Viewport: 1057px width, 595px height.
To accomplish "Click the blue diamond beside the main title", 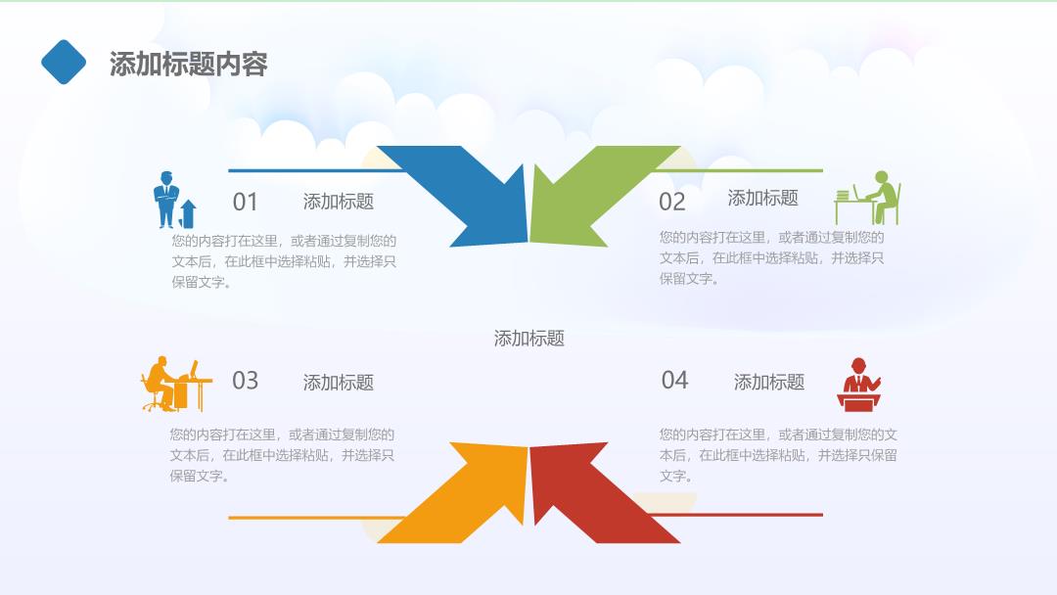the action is [64, 62].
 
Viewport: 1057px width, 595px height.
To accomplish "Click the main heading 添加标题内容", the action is [189, 64].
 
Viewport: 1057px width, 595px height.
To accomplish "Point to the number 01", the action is [246, 203].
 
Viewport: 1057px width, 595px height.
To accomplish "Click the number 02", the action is [672, 203].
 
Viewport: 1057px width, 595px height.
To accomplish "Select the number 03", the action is [246, 381].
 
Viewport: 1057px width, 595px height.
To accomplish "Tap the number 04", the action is [674, 380].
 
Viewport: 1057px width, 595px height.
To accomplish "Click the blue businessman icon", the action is [165, 200].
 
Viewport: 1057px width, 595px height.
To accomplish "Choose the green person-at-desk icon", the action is [867, 198].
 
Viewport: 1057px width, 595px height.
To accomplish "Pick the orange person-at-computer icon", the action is [176, 384].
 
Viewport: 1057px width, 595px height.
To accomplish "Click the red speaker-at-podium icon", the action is [859, 385].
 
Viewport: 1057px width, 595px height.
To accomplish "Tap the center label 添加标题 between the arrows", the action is [529, 339].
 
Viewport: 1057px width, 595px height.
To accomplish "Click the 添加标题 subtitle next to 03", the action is [339, 383].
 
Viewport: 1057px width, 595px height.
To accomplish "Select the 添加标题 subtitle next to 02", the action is [763, 198].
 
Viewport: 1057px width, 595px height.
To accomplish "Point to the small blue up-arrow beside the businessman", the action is [188, 213].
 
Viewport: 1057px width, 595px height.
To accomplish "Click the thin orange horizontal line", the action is [317, 518].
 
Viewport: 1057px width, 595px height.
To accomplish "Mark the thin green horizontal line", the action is [738, 170].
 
